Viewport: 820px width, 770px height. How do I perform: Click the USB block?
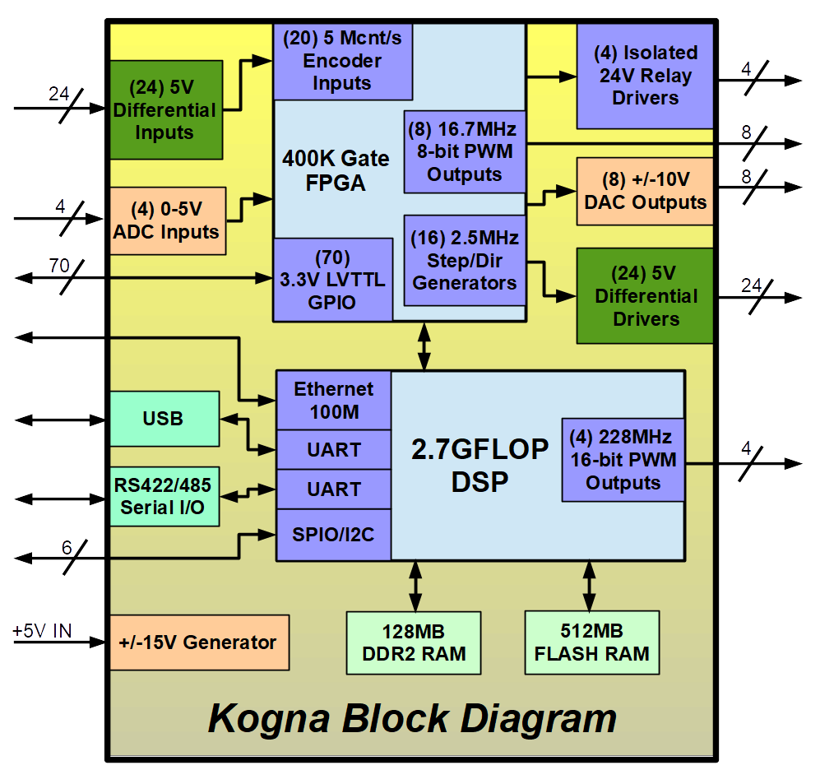click(164, 419)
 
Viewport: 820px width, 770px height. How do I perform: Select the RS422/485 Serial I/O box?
click(164, 497)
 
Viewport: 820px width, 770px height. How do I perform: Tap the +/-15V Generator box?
click(199, 642)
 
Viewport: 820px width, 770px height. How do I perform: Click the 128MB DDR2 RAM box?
click(414, 642)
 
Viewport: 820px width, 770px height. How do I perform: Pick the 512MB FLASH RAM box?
click(591, 642)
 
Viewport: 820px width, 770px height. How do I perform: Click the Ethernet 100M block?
click(333, 400)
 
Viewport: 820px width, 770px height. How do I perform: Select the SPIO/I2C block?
click(333, 535)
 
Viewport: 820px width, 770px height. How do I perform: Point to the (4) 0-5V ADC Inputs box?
click(167, 220)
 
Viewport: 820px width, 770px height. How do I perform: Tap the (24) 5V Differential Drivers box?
click(645, 295)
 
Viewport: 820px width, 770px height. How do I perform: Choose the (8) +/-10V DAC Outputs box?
click(645, 191)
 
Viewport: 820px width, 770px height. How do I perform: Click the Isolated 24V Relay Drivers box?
click(645, 76)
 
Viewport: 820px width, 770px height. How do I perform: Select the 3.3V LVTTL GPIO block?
click(332, 280)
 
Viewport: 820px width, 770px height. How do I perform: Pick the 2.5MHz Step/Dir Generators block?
click(465, 260)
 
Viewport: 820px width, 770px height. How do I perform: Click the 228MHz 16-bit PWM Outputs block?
click(623, 459)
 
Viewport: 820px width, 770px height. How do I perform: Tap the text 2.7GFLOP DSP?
click(479, 465)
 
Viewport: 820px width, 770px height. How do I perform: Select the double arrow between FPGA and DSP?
click(424, 346)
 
